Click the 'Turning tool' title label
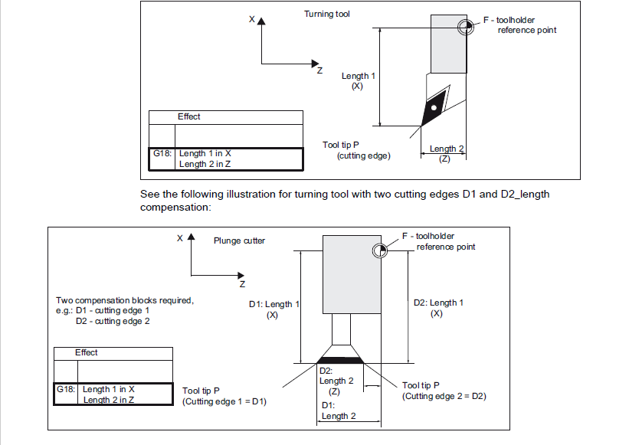(x=327, y=14)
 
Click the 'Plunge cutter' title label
(x=239, y=240)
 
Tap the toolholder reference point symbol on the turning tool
(x=465, y=29)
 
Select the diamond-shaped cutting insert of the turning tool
(x=434, y=106)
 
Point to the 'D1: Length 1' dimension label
(x=274, y=305)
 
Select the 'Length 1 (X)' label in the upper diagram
(x=358, y=81)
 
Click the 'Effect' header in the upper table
(x=188, y=116)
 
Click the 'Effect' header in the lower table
(x=86, y=352)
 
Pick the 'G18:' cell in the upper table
(x=163, y=154)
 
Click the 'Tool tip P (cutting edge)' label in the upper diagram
(x=357, y=150)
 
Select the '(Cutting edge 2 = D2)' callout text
(x=444, y=396)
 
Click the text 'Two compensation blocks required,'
(x=125, y=300)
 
